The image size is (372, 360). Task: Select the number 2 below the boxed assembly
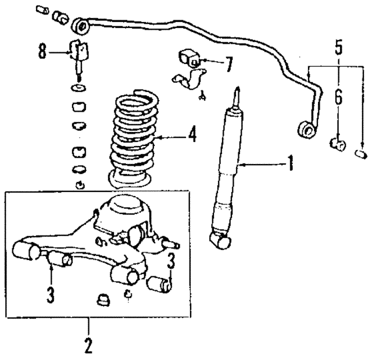(x=88, y=345)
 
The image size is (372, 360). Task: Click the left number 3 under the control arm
(x=51, y=294)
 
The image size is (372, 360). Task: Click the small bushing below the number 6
(x=336, y=142)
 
